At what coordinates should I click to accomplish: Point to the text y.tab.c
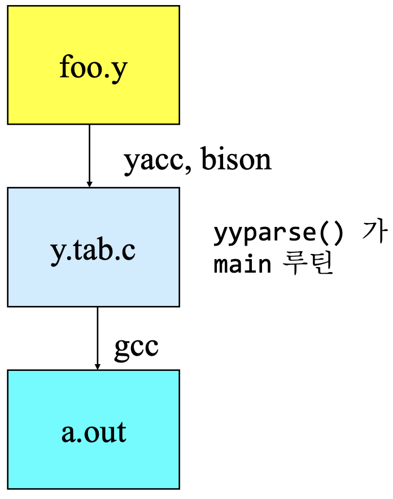tap(94, 250)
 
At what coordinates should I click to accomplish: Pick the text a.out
tap(94, 432)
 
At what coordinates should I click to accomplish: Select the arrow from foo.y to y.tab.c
tap(89, 152)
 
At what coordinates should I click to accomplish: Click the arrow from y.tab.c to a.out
tap(98, 336)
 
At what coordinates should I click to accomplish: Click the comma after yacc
tap(181, 168)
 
